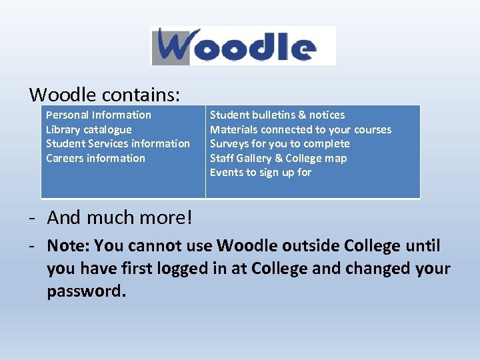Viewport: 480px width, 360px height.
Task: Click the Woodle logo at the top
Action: [243, 45]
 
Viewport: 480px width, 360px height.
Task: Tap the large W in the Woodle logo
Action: [178, 45]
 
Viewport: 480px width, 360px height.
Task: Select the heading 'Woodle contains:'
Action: [105, 95]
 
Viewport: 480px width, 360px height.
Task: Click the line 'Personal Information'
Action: [99, 115]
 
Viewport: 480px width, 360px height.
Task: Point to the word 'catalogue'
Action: [108, 129]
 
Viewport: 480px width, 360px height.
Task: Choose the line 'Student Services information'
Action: [118, 143]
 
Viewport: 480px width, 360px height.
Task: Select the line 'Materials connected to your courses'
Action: [301, 129]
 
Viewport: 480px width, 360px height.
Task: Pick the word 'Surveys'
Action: [229, 143]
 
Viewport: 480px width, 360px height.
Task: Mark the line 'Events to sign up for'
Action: [261, 172]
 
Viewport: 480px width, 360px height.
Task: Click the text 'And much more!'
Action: [120, 217]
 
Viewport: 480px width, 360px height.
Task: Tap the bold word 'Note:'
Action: [68, 246]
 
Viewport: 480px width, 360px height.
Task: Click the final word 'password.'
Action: [86, 292]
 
